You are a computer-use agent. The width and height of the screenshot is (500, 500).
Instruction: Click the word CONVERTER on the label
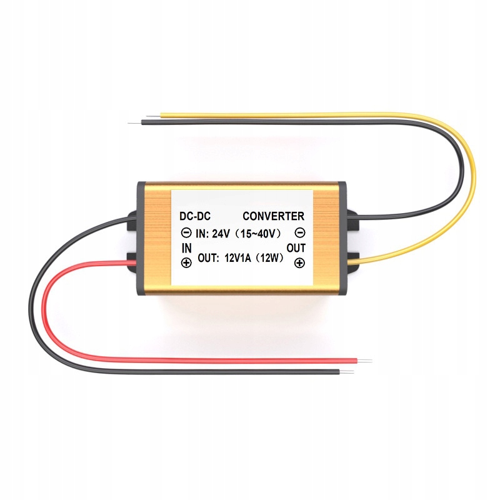click(x=273, y=217)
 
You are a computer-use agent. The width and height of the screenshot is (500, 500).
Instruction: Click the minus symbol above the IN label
click(x=186, y=233)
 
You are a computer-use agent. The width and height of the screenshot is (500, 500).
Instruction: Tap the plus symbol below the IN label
click(x=186, y=263)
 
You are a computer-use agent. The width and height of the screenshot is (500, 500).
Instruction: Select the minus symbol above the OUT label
click(x=299, y=233)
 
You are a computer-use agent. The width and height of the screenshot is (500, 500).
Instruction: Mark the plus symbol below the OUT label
click(x=299, y=263)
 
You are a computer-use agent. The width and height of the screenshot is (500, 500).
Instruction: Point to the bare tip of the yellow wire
click(x=154, y=114)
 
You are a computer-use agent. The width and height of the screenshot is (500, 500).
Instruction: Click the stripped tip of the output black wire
click(x=135, y=121)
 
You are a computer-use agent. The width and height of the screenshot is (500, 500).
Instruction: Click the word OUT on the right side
click(x=297, y=248)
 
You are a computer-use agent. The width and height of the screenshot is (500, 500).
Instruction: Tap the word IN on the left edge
click(x=186, y=248)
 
